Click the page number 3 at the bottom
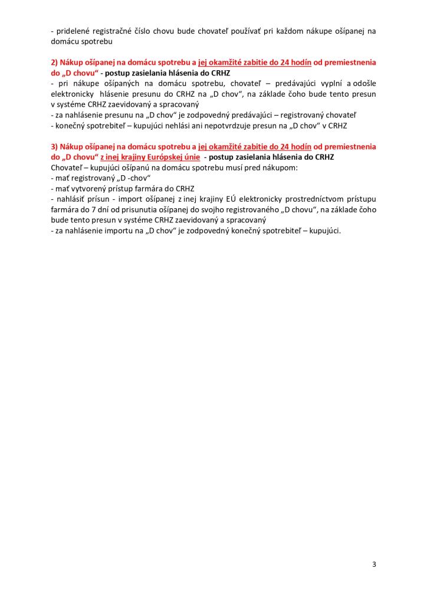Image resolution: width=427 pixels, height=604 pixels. (374, 564)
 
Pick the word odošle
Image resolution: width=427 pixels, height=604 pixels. (363, 83)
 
